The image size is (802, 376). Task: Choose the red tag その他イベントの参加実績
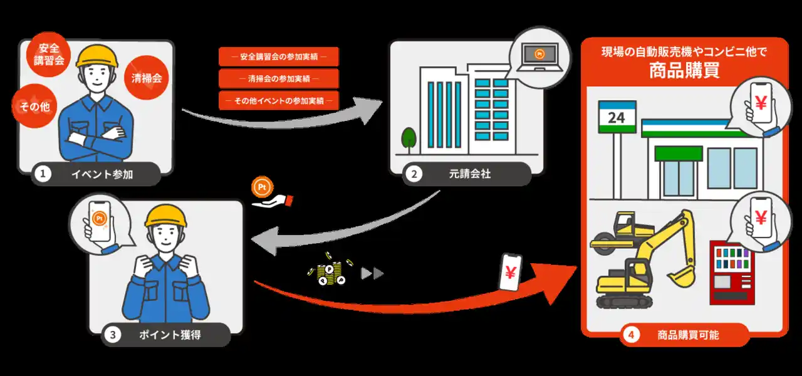tap(278, 100)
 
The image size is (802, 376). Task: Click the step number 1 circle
tap(43, 174)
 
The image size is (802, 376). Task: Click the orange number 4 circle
tap(630, 335)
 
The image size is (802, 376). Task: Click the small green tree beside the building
tap(409, 138)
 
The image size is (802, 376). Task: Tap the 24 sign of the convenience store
tap(617, 117)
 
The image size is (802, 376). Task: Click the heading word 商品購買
tap(684, 70)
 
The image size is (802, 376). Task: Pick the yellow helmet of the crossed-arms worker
tap(98, 57)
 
